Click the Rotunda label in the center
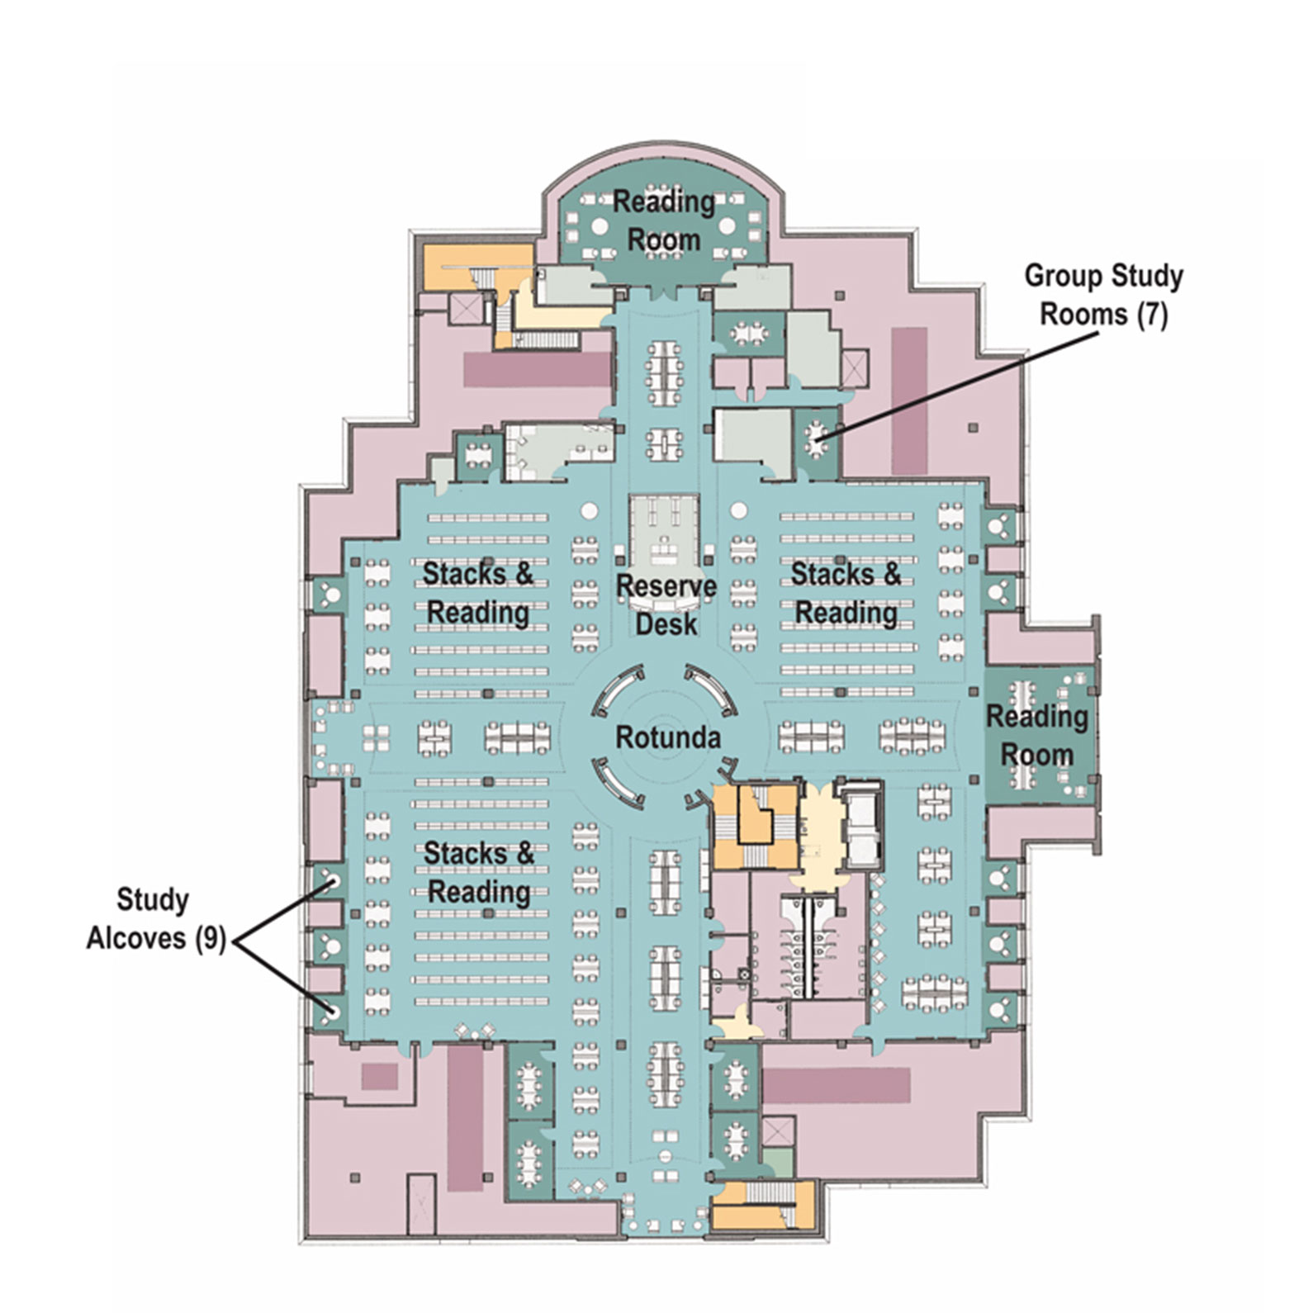[667, 737]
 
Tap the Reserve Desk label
[666, 604]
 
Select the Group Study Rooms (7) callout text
[1103, 295]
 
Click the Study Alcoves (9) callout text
[154, 918]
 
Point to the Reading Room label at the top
[663, 220]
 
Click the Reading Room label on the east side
[1036, 735]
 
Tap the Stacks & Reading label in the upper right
[846, 593]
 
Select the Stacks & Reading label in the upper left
[477, 593]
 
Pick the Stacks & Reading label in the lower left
[478, 872]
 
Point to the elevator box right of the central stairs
[860, 825]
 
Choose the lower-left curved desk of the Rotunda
[618, 784]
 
